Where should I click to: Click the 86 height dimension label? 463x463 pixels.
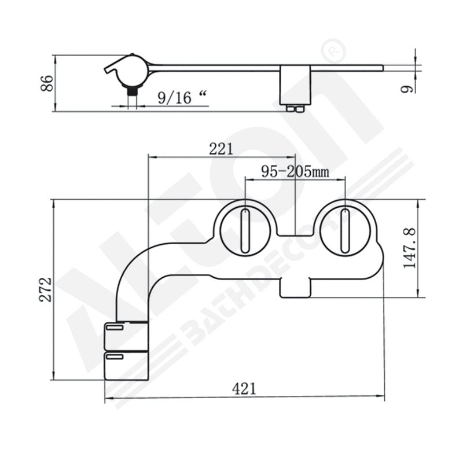click(x=47, y=83)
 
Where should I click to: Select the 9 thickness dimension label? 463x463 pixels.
click(x=406, y=89)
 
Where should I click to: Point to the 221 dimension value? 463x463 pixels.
click(x=221, y=149)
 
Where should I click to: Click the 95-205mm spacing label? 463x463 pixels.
click(x=295, y=171)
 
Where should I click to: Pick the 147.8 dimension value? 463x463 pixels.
click(x=410, y=248)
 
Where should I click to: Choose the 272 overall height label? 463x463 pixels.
click(x=46, y=289)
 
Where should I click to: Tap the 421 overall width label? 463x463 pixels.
click(x=244, y=388)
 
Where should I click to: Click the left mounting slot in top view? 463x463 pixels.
click(x=245, y=230)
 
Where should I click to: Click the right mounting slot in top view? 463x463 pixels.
click(x=344, y=230)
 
